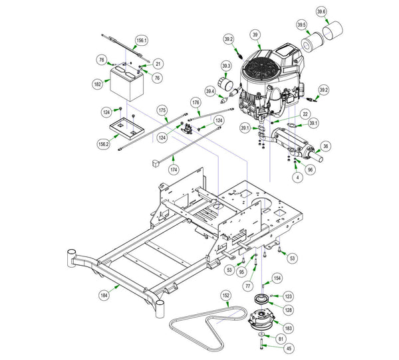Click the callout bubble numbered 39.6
[322, 12]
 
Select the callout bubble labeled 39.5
[301, 25]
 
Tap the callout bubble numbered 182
[98, 84]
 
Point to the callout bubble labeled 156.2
[103, 144]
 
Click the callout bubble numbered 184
[104, 295]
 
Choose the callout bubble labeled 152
[226, 296]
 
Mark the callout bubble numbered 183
[289, 328]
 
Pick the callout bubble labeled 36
[326, 146]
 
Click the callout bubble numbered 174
[174, 169]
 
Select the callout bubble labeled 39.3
[226, 66]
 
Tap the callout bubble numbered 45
[289, 348]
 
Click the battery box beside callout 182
[127, 83]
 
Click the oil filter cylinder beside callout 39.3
[225, 84]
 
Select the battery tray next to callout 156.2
[127, 129]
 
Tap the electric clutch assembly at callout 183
[261, 320]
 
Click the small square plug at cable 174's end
[155, 163]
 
